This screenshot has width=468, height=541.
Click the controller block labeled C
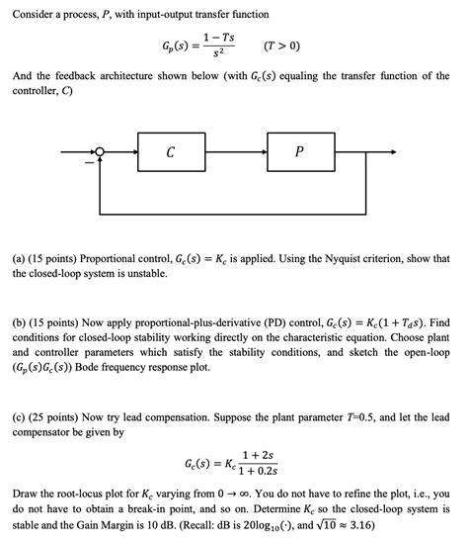coord(171,152)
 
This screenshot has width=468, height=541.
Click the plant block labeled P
coord(299,152)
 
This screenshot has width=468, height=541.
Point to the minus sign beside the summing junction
coord(88,162)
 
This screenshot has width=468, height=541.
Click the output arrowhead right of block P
coord(394,152)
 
